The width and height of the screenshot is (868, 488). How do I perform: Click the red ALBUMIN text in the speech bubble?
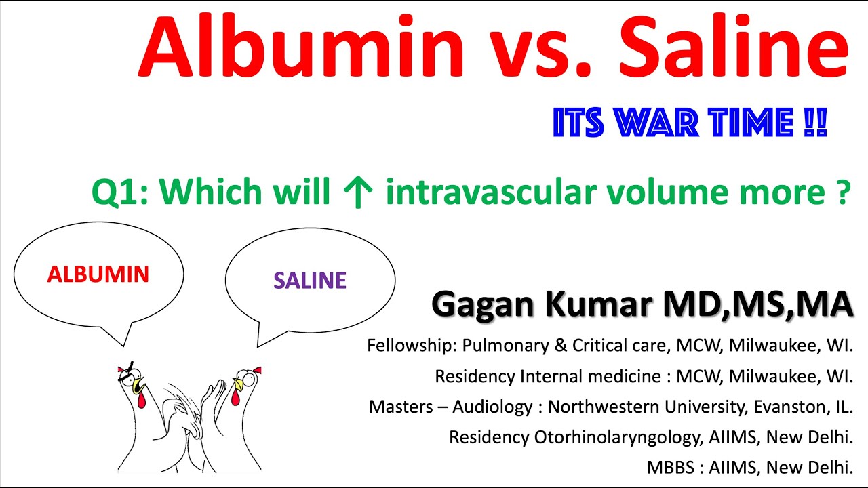(98, 274)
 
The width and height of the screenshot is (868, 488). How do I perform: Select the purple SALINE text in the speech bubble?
(310, 281)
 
